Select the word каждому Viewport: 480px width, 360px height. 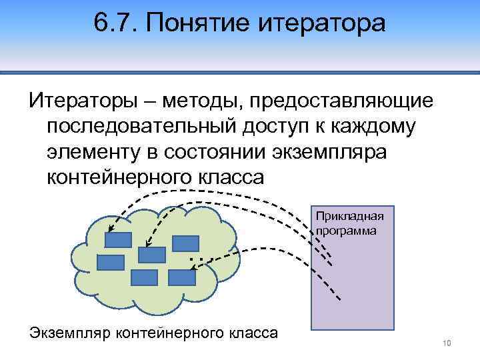click(x=405, y=126)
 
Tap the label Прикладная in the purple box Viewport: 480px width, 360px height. click(x=350, y=217)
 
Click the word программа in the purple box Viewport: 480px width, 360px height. click(x=347, y=230)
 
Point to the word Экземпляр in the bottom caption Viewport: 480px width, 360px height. click(x=70, y=333)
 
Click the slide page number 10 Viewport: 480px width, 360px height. click(x=447, y=343)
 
